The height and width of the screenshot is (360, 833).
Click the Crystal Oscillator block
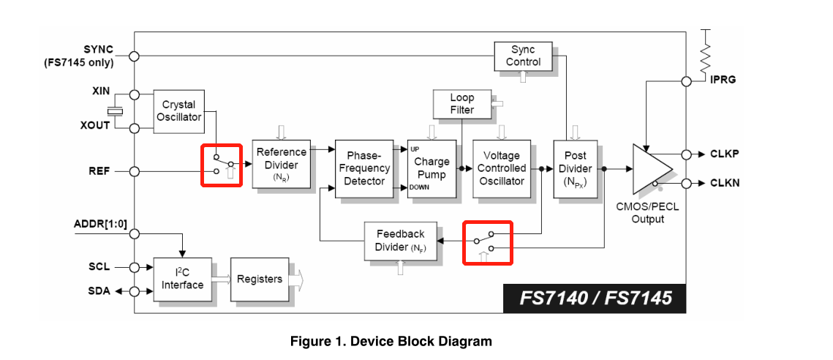coord(178,111)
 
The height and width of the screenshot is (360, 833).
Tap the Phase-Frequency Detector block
coord(364,168)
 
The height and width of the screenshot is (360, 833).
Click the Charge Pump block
coord(431,168)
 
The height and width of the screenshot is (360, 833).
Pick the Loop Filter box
coord(461,104)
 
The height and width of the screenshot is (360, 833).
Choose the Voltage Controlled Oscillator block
coord(502,168)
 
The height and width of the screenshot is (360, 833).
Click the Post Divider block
coord(575,168)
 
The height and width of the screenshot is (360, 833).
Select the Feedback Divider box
coord(400,241)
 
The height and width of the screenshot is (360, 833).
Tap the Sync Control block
coord(523,56)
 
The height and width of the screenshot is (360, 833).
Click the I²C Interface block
coord(183,279)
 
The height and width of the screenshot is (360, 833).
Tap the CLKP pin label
coord(725,154)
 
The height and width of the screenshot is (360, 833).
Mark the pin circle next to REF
coord(134,172)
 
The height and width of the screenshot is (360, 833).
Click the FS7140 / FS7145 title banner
coord(595,298)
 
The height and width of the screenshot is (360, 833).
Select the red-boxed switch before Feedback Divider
coord(488,242)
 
